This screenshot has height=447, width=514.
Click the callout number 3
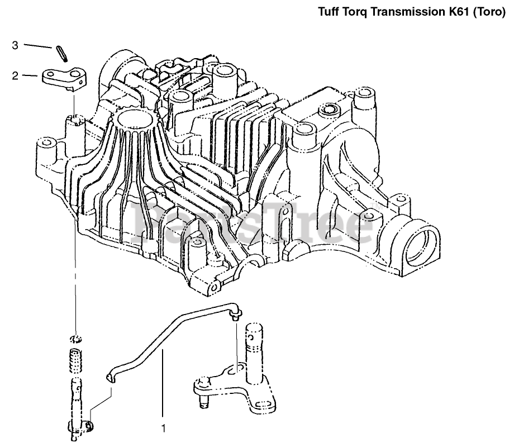coord(15,45)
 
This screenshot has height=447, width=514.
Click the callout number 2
coord(15,75)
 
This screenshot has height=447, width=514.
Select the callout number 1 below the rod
coord(164,429)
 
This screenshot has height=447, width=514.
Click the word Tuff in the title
coord(329,11)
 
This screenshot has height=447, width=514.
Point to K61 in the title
coord(456,11)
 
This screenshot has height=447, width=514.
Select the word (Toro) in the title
coord(491,11)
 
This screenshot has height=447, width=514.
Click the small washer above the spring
coord(76,339)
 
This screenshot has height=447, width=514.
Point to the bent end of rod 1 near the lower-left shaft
coord(110,378)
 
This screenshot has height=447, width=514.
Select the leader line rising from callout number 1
coord(163,386)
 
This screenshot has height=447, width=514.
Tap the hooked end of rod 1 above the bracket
coord(235,312)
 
